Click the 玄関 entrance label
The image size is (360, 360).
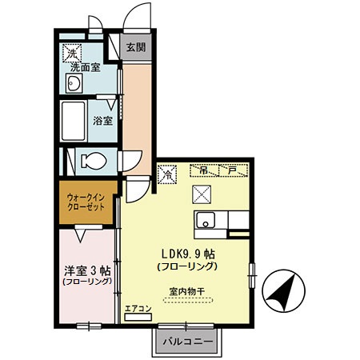point(136,47)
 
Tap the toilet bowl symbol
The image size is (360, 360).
point(94,161)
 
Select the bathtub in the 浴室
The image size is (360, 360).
point(74,121)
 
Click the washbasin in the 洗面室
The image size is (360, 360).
point(74,83)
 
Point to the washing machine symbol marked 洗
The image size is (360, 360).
point(72,54)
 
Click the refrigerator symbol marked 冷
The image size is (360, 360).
point(167,174)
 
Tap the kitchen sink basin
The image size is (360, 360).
point(206,220)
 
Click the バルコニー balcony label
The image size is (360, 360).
point(188,342)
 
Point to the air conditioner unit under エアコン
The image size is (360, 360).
point(138,317)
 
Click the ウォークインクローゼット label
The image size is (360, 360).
point(86,202)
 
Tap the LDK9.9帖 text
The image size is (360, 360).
point(188,254)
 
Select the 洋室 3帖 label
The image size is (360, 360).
point(87,271)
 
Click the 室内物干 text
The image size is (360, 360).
point(187,291)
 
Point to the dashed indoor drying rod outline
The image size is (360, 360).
point(188,300)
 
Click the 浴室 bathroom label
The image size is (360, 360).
point(102,121)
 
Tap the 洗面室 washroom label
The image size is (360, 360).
point(86,67)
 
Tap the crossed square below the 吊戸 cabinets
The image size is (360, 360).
point(202,194)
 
